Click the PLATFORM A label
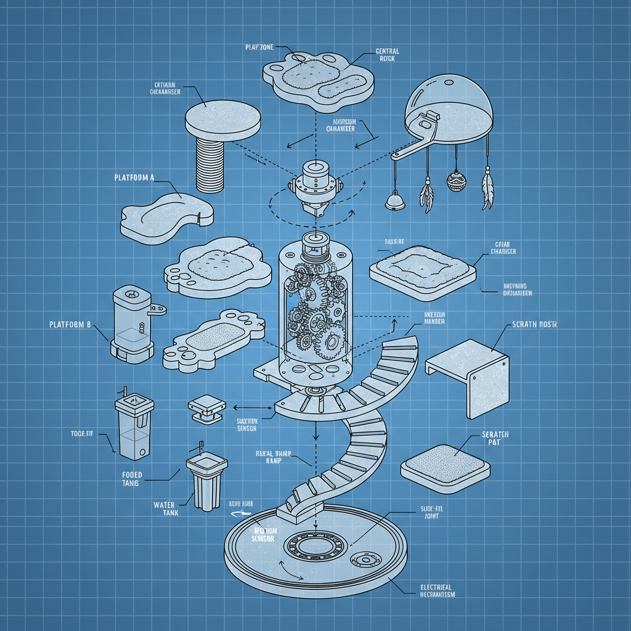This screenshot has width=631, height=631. pos(134,177)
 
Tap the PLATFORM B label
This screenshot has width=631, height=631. pos(70,324)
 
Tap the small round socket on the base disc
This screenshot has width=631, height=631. pos(361,560)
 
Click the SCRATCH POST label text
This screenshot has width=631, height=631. pos(534,325)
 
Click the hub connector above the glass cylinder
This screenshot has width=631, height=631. pos(315,185)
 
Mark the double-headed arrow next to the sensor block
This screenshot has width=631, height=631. pos(253,407)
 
